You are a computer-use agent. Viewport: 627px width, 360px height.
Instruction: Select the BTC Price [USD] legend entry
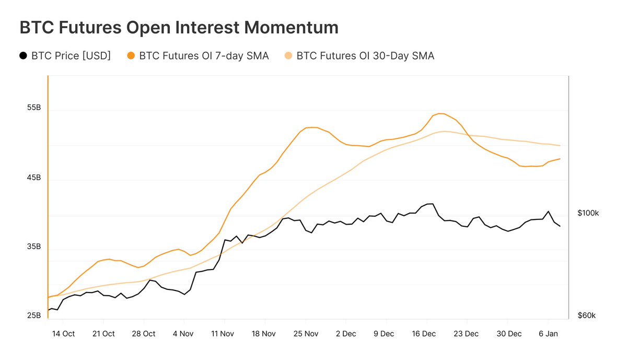[71, 55]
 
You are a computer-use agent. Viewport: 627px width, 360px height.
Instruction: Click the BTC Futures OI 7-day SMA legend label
[204, 55]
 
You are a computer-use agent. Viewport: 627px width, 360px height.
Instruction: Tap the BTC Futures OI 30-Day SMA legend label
[365, 55]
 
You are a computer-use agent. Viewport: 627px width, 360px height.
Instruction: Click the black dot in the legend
[22, 55]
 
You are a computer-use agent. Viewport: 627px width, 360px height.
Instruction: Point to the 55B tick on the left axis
[34, 108]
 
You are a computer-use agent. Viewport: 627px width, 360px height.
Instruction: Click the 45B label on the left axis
[34, 178]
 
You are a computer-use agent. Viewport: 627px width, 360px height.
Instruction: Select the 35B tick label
[34, 246]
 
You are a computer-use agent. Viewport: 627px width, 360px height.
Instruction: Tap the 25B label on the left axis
[34, 316]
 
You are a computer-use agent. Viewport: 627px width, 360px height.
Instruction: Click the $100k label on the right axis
[588, 213]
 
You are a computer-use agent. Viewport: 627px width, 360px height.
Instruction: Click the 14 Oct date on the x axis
[63, 333]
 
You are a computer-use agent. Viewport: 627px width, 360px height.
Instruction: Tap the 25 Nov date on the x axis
[306, 333]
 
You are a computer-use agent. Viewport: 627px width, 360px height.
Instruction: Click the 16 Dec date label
[424, 333]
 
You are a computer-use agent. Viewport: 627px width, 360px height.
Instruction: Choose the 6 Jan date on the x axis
[548, 333]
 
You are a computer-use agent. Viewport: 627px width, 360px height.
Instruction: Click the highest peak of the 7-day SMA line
[439, 113]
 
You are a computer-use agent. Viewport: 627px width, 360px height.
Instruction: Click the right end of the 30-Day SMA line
[560, 145]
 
